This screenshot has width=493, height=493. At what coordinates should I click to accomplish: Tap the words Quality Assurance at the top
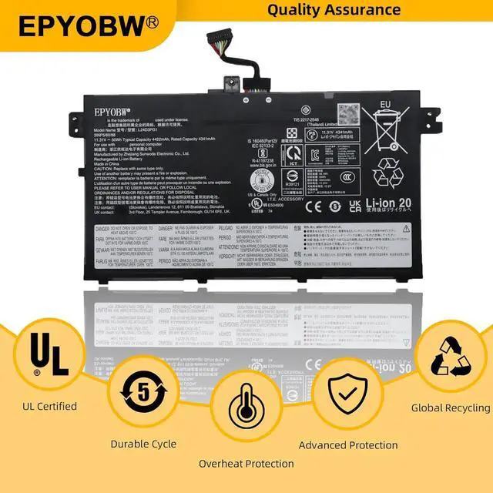pyautogui.click(x=334, y=10)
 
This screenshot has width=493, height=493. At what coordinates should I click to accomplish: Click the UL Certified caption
pyautogui.click(x=50, y=406)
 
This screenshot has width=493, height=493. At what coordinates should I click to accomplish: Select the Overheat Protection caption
pyautogui.click(x=246, y=464)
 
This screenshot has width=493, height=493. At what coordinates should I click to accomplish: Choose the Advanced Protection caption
pyautogui.click(x=348, y=445)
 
